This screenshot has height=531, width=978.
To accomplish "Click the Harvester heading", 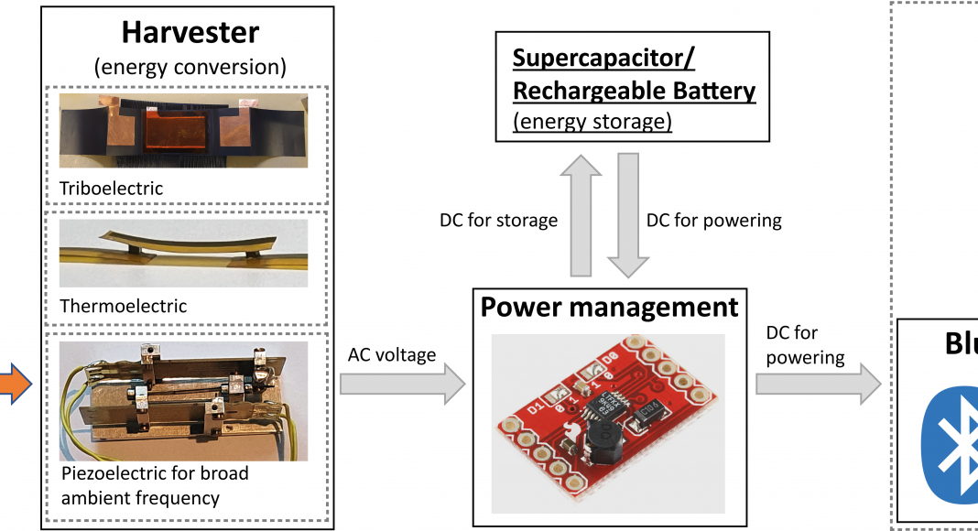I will pos(190,32).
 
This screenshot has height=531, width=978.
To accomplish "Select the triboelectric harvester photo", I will pos(183,129).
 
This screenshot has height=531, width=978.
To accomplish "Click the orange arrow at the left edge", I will pos(16,382).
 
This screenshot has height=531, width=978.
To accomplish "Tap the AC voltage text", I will pos(393,354).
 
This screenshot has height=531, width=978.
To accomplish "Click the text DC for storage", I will pos(498,220).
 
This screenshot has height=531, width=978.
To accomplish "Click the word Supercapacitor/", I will pos(603,59).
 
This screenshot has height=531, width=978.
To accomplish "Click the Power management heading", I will pos(609,307).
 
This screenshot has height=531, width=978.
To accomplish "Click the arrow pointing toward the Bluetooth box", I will pos(818,383).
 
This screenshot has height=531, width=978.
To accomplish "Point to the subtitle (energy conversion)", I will pos(190,66).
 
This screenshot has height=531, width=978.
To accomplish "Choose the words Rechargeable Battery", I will pos(634,91).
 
